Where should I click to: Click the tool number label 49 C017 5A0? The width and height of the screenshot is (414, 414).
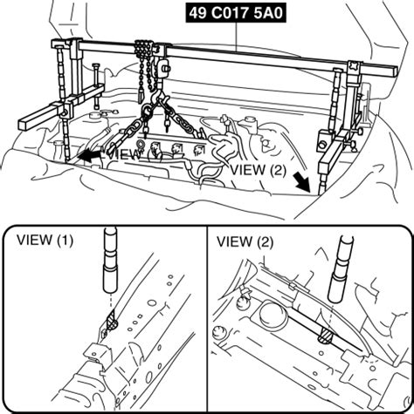coord(248,14)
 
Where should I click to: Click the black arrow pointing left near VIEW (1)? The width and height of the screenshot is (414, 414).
coord(86,155)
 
